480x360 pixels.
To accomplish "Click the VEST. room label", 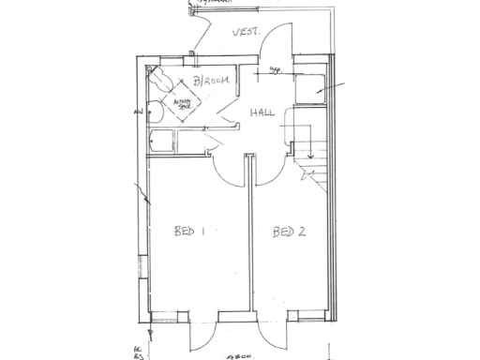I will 247,35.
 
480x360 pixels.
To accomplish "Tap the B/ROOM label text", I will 211,82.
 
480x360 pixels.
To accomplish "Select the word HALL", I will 263,113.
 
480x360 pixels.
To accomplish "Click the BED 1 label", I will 189,231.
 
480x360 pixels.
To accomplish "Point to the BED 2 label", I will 289,232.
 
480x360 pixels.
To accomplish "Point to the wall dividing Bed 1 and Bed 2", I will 248,244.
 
